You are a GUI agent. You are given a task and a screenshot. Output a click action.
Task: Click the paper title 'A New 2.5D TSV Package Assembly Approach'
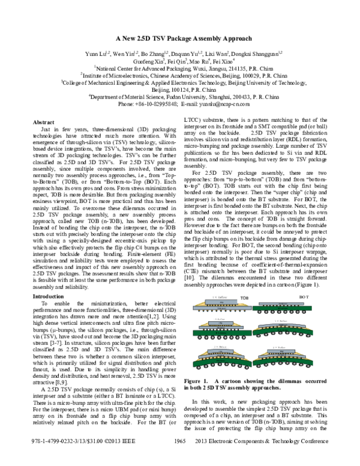pos(179,37)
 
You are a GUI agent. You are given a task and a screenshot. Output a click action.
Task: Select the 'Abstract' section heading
pos(50,122)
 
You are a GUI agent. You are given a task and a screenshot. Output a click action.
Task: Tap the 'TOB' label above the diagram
pos(245,297)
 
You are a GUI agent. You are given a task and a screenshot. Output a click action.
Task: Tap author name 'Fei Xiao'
pos(224,61)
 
